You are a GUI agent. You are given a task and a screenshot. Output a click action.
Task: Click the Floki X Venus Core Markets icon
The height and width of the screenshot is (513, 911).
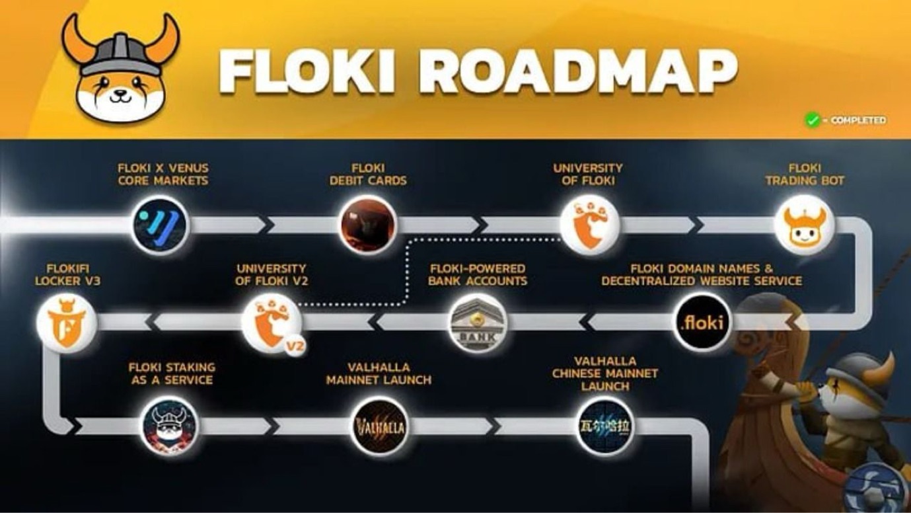coord(161,225)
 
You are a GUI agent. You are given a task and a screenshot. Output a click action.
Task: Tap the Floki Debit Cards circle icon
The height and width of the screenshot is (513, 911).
coord(368,225)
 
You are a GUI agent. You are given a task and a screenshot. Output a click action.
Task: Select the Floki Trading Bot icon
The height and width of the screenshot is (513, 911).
coord(804,225)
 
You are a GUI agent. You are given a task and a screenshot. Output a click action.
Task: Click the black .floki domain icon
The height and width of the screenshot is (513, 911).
coord(702,323)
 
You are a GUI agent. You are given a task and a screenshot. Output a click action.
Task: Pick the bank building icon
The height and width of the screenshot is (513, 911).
coord(478,323)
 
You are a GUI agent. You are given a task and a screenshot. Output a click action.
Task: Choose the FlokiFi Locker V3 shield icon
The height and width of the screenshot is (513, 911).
coord(66,323)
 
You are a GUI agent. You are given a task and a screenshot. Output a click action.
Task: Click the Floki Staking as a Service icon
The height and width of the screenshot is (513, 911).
coord(171,426)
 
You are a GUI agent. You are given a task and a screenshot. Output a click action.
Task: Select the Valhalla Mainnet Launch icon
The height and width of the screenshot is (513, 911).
coord(380,426)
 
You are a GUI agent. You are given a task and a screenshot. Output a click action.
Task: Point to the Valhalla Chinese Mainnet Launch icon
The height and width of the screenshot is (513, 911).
coord(604,426)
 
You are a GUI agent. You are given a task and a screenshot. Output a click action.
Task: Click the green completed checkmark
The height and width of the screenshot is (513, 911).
coord(812,120)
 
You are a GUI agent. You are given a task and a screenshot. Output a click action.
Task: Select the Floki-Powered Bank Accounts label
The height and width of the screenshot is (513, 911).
coord(478,274)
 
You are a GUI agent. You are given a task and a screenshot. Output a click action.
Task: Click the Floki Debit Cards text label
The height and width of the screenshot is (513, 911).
coord(368,174)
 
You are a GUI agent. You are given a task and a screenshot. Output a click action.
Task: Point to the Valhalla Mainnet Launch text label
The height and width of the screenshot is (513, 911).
coord(379,374)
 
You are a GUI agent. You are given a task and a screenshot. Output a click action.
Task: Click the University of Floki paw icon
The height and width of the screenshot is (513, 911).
coord(589,225)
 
